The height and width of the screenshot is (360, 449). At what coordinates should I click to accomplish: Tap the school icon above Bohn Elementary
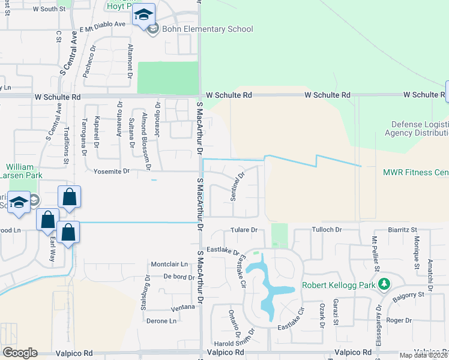pos(143,14)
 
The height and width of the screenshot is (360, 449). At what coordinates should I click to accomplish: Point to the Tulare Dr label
pos(244,230)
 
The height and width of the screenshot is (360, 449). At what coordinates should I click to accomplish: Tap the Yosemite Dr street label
pos(112,171)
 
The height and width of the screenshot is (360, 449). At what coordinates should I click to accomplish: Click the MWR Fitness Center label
pos(415,172)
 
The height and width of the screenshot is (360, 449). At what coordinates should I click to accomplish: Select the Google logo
pos(19,353)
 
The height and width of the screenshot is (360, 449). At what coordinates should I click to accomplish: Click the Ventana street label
pos(183,307)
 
